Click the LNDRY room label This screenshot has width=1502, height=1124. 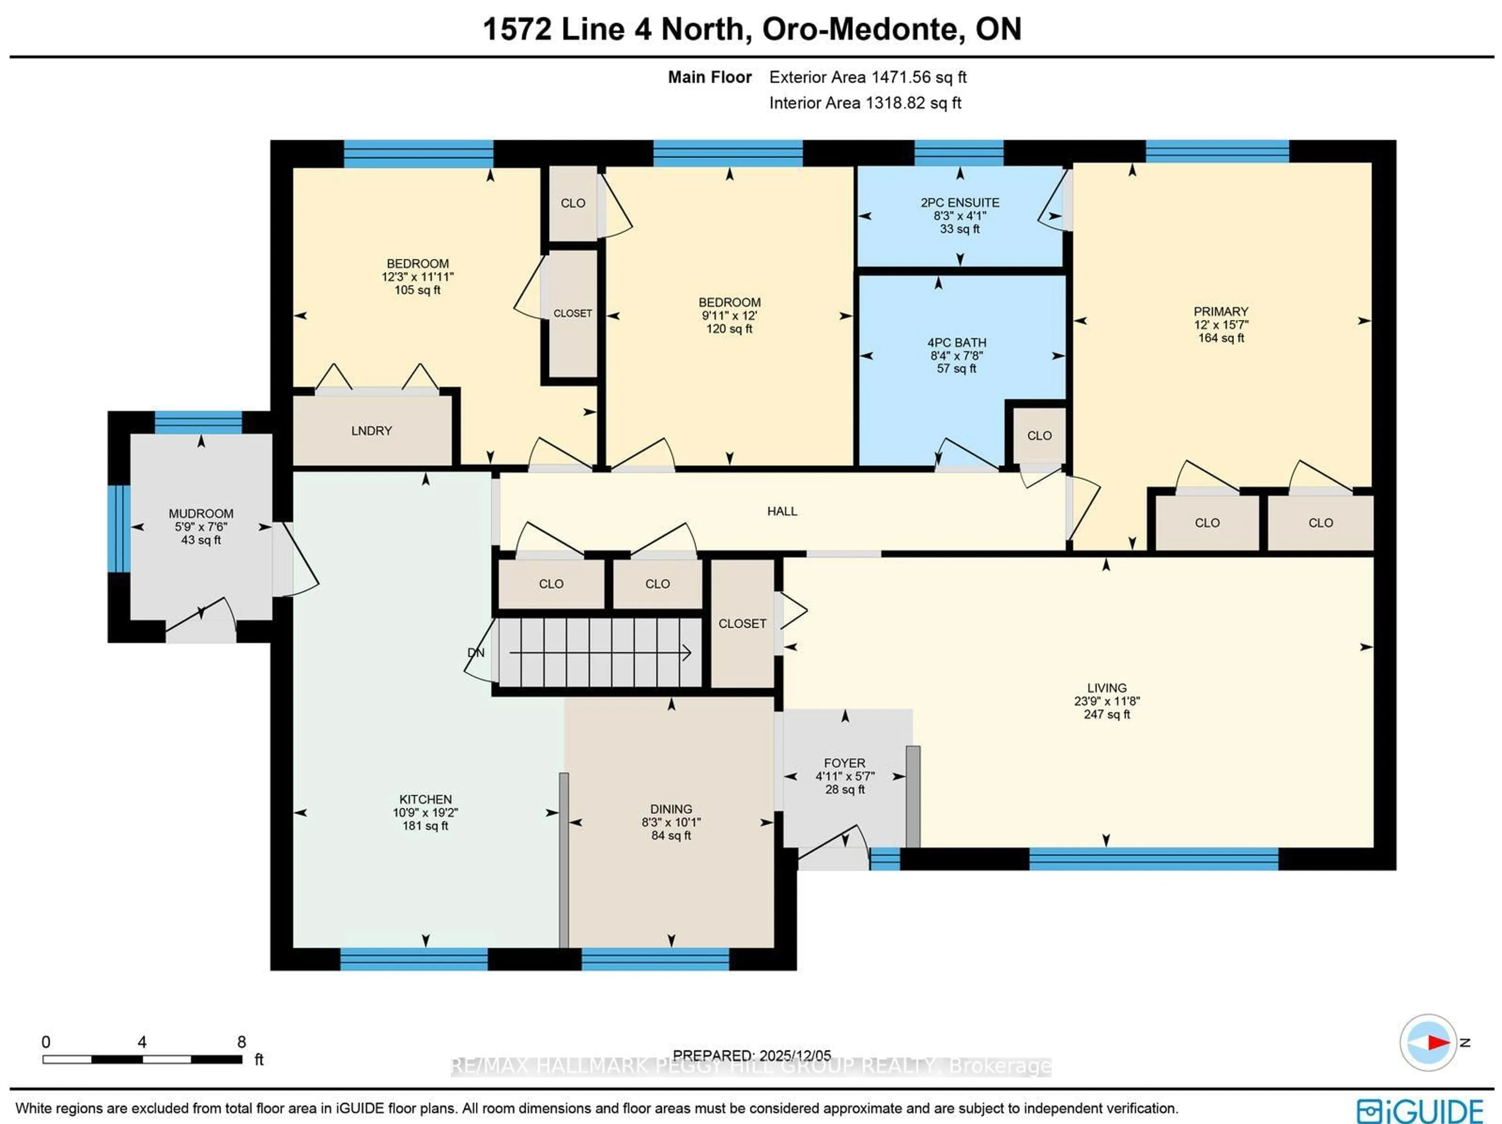pyautogui.click(x=372, y=430)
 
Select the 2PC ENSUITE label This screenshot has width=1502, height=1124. pyautogui.click(x=959, y=202)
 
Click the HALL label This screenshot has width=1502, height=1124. pyautogui.click(x=782, y=511)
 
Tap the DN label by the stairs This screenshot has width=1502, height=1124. pyautogui.click(x=476, y=652)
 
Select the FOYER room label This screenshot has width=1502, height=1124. pyautogui.click(x=844, y=763)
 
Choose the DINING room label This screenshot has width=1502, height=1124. pyautogui.click(x=671, y=808)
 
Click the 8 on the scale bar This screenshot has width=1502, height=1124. pyautogui.click(x=241, y=1042)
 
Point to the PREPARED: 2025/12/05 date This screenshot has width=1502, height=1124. pyautogui.click(x=752, y=1056)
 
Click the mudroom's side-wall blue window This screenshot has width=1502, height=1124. pyautogui.click(x=119, y=528)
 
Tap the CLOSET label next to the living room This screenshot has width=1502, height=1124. pyautogui.click(x=742, y=623)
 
